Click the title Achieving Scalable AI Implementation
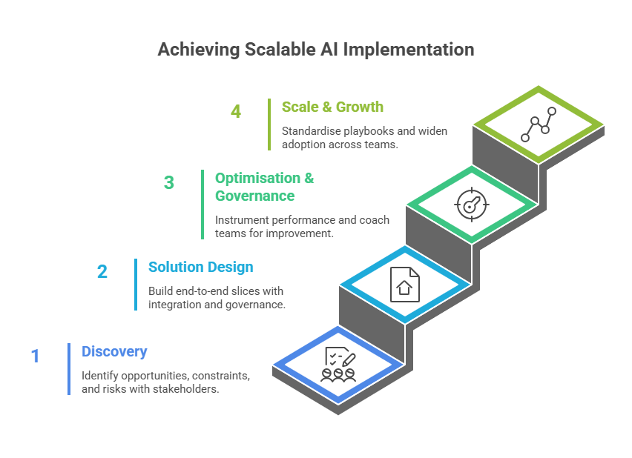pos(315,50)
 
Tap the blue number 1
pos(34,356)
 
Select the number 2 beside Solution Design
pos(102,272)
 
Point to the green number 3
pos(169,182)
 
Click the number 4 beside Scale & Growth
pos(236,112)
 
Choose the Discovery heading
pos(114,352)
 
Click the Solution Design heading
pos(200,267)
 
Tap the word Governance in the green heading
pos(254,196)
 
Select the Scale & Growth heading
pos(332,107)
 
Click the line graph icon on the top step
pos(539,124)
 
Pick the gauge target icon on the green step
pos(471,203)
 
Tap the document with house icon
pos(404,283)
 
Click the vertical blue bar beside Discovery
pos(69,368)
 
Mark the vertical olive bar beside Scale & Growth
pos(269,125)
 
